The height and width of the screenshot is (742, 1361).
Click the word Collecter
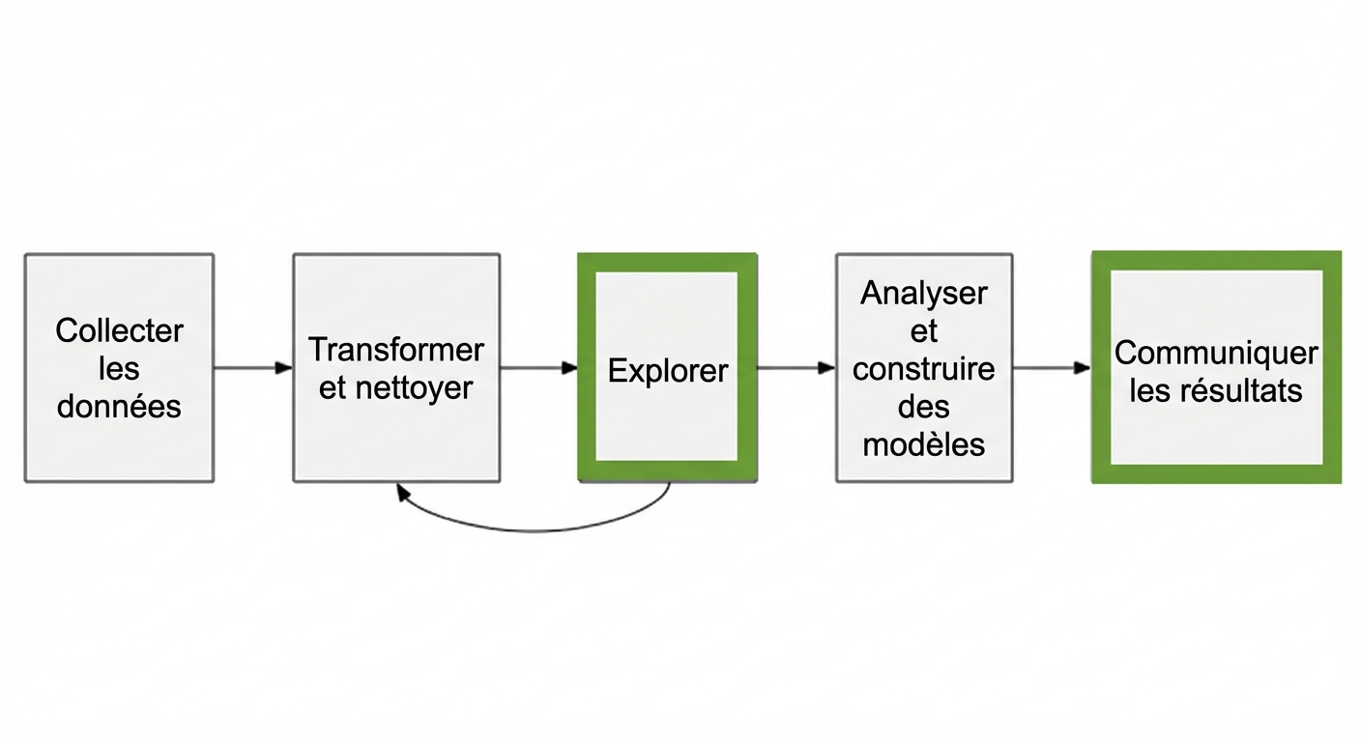click(119, 330)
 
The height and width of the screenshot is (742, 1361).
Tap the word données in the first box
click(119, 406)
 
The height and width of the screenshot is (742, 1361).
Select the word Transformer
click(396, 349)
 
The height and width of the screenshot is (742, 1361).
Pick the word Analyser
click(924, 293)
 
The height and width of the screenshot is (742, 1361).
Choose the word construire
click(924, 368)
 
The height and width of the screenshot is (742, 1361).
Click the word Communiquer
click(1216, 353)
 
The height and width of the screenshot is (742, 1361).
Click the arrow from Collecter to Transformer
click(252, 368)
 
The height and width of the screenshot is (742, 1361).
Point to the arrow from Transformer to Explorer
click(538, 368)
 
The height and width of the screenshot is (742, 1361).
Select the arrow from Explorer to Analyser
click(796, 368)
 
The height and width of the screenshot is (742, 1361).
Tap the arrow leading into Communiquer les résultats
click(1052, 368)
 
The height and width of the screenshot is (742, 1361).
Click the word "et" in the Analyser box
click(924, 330)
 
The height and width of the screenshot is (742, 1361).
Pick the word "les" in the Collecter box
click(119, 368)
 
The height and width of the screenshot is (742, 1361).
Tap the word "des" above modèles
click(924, 406)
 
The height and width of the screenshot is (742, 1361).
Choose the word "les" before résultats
click(1150, 390)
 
